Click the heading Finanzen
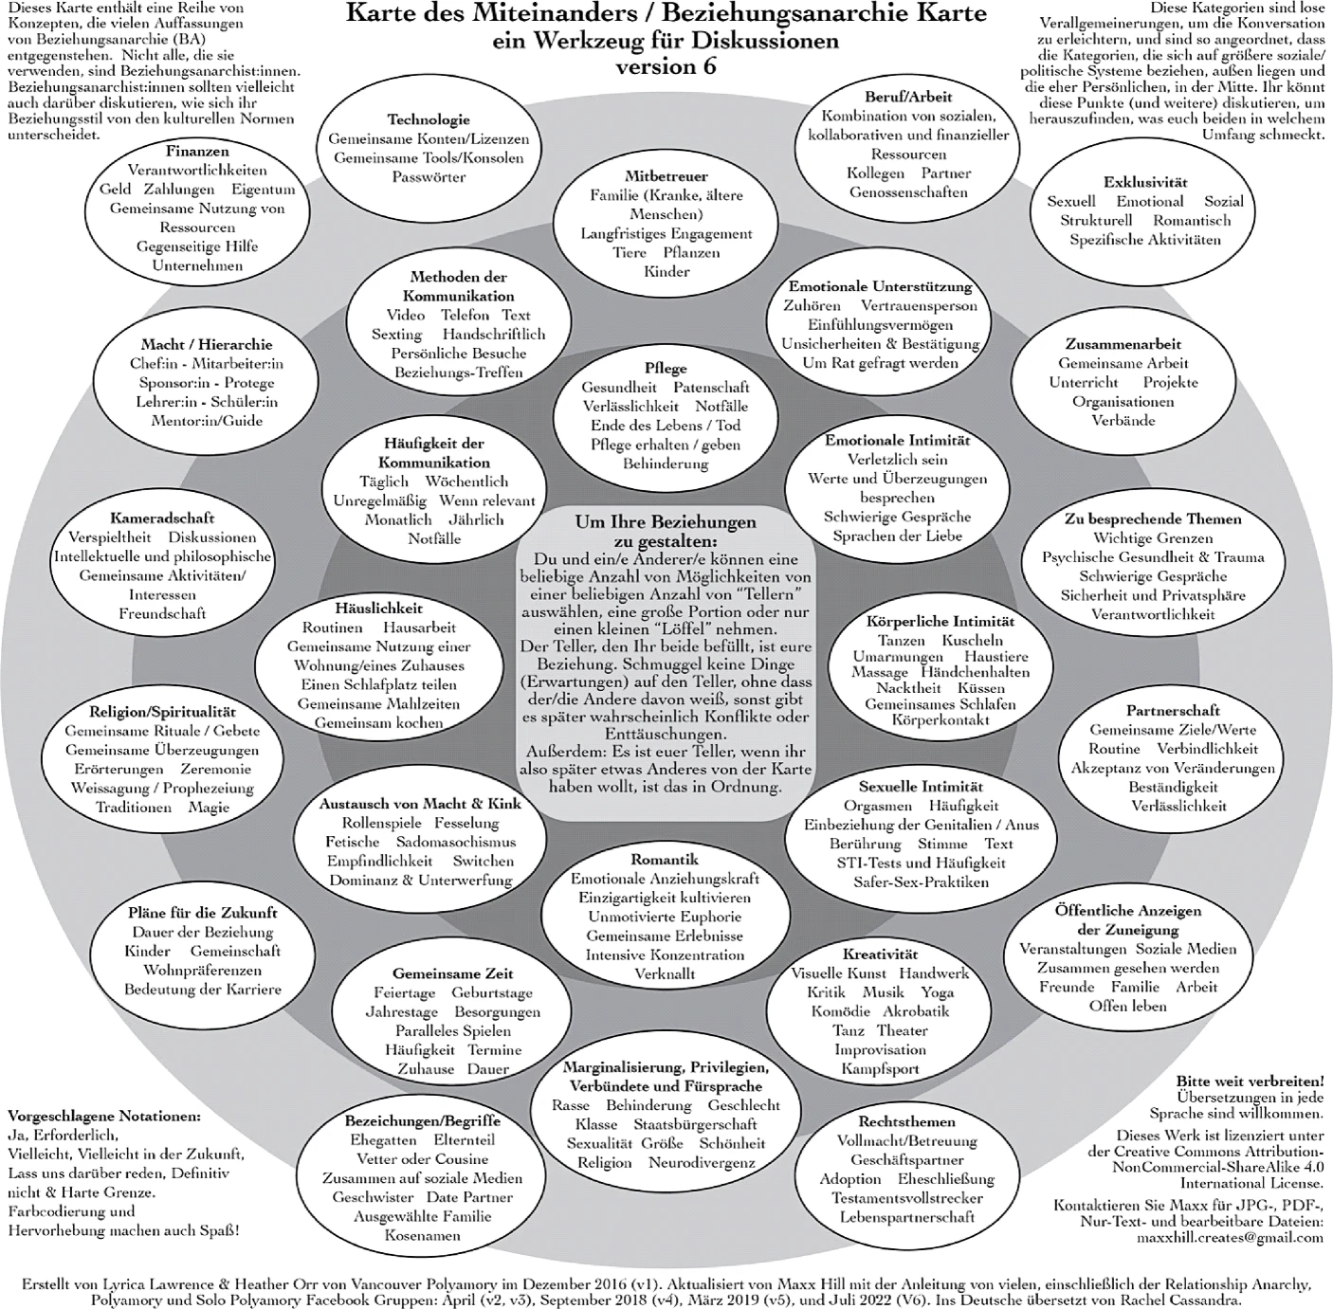point(197,151)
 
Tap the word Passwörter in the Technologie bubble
point(429,176)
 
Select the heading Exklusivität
point(1145,182)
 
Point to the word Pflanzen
point(691,252)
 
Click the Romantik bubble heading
point(665,859)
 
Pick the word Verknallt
point(665,973)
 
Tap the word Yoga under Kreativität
point(938,991)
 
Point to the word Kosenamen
point(423,1235)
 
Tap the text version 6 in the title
point(666,67)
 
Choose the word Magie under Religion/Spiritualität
point(209,807)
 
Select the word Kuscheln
point(972,640)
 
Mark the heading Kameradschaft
point(162,518)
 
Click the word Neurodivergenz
point(702,1162)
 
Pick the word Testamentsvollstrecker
point(906,1197)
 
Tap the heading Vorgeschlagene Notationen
point(104,1116)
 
